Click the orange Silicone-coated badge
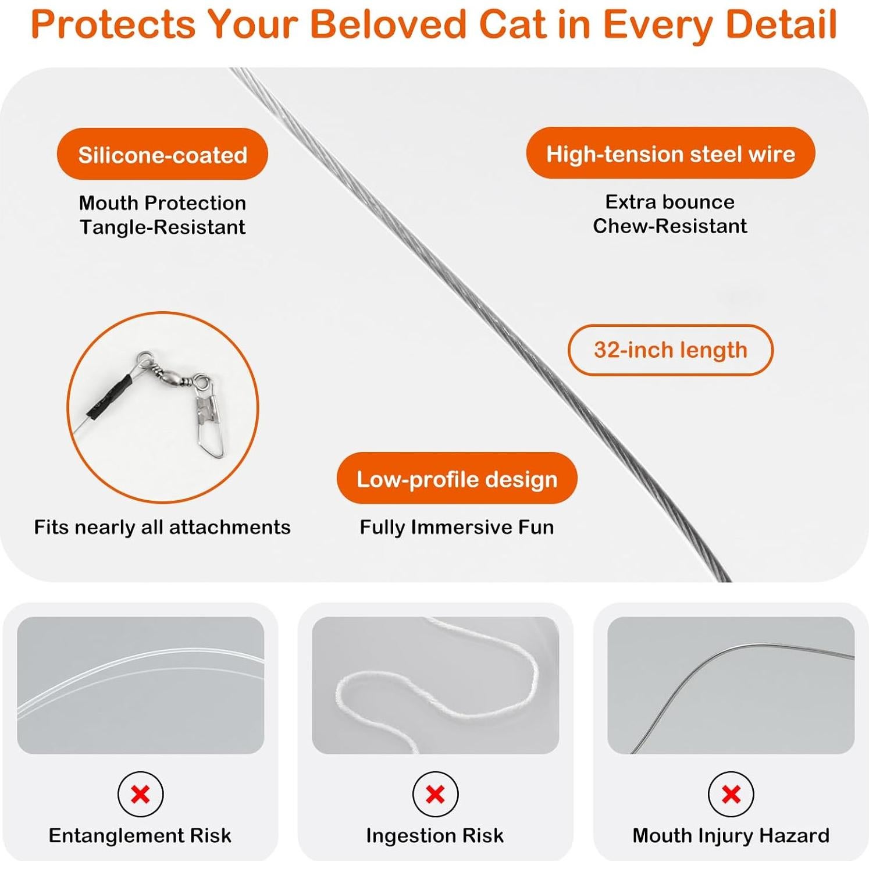coord(162,155)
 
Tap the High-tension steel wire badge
coord(670,154)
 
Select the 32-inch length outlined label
coord(670,350)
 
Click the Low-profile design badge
coord(457,479)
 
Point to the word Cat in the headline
coord(512,24)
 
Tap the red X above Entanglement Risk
coord(140,794)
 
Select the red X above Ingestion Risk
coord(435,794)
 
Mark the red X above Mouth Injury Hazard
coord(731,794)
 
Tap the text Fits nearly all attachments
coord(162,527)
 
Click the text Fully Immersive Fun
coord(457,527)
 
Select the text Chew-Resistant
coord(670,226)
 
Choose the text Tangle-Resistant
coord(162,227)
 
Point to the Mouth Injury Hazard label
coord(731,835)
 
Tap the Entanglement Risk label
coord(140,835)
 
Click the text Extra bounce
coord(670,202)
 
